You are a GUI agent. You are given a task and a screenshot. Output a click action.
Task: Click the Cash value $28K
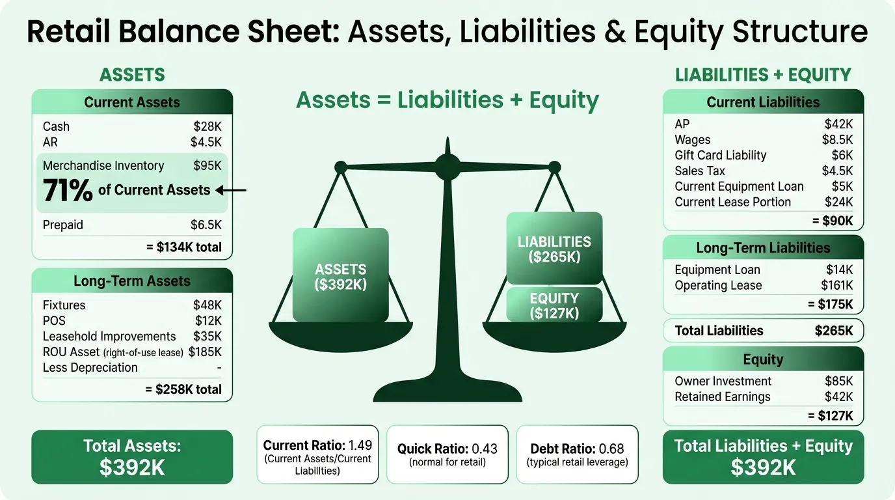point(207,126)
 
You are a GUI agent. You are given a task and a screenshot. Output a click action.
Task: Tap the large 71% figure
point(68,190)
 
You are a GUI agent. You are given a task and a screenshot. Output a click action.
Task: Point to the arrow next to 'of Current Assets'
point(230,190)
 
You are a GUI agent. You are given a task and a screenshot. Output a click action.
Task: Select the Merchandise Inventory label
point(103,165)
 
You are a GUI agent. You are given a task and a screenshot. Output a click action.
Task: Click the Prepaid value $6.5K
point(206,225)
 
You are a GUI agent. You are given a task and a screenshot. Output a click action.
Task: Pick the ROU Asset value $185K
point(205,352)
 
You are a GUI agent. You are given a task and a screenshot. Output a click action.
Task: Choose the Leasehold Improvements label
point(109,337)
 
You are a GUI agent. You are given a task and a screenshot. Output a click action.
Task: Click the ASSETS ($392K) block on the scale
point(340,275)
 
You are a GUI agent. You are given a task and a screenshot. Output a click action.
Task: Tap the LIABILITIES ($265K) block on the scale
point(554,248)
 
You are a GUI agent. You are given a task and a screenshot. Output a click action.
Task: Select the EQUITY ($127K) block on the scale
point(554,305)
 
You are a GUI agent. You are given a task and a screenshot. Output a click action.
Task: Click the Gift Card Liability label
point(721,155)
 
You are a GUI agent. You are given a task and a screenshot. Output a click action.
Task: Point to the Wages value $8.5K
point(837,139)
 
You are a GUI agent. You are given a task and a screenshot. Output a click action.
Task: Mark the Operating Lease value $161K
point(836,285)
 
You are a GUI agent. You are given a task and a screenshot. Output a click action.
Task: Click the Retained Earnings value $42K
point(838,396)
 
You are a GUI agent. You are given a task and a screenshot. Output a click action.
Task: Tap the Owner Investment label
point(723,382)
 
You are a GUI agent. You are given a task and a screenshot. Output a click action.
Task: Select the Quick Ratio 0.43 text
point(447,449)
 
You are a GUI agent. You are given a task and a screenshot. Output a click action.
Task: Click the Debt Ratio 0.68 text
point(577,449)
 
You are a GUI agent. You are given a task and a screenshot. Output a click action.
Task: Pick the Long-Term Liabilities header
point(763,247)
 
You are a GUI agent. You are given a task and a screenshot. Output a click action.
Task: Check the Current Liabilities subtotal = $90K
point(833,221)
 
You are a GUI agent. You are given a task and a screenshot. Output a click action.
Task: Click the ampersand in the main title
point(615,32)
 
